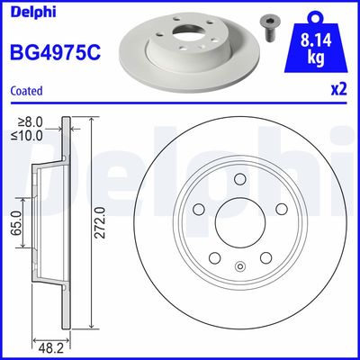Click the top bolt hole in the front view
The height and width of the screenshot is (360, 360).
239,180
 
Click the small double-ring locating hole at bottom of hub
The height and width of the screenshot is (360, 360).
239,265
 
